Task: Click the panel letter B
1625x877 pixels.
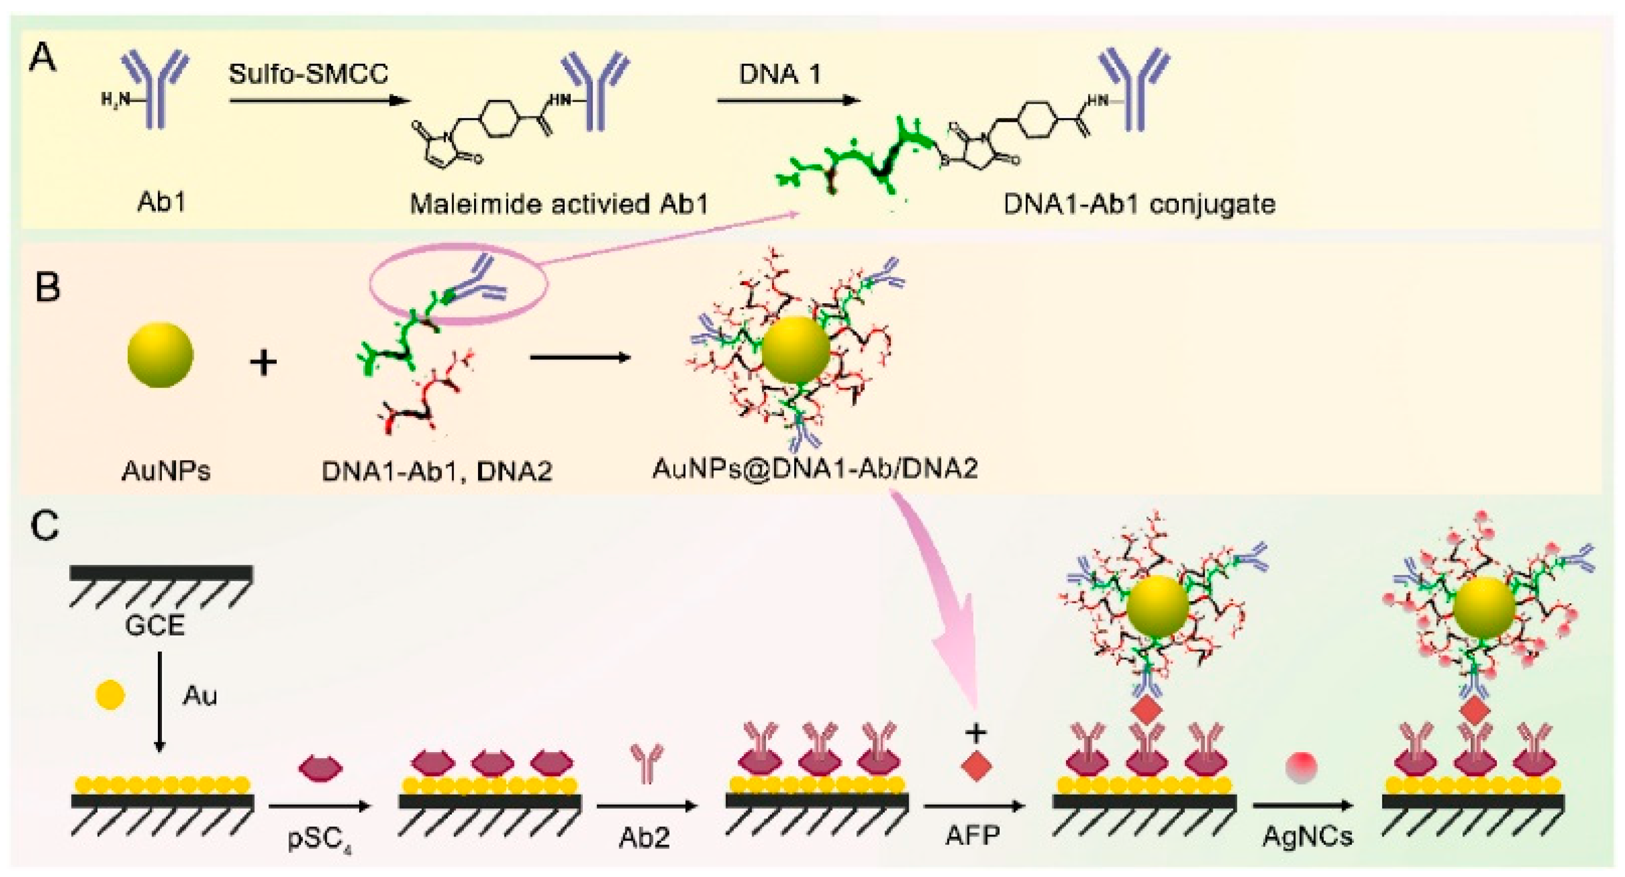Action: [48, 288]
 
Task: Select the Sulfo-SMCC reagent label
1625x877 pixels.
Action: [308, 74]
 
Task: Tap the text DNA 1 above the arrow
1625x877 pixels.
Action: [780, 74]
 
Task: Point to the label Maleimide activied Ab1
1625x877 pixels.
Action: [559, 204]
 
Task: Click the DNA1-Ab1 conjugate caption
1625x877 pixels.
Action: [1139, 204]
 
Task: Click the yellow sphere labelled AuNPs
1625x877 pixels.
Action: [160, 355]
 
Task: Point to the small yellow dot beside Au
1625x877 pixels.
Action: [110, 695]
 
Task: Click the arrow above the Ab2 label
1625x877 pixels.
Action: [646, 806]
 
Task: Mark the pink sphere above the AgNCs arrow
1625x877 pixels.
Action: [1301, 768]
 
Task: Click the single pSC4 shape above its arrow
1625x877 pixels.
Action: [320, 768]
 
